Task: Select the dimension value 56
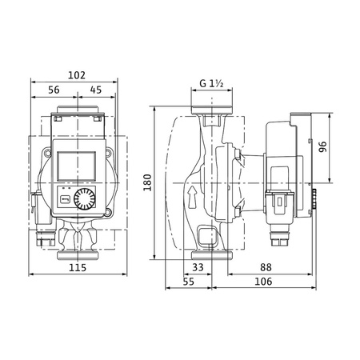point(54,90)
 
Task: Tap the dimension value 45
point(95,90)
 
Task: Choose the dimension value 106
point(263,282)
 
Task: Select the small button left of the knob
point(64,198)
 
